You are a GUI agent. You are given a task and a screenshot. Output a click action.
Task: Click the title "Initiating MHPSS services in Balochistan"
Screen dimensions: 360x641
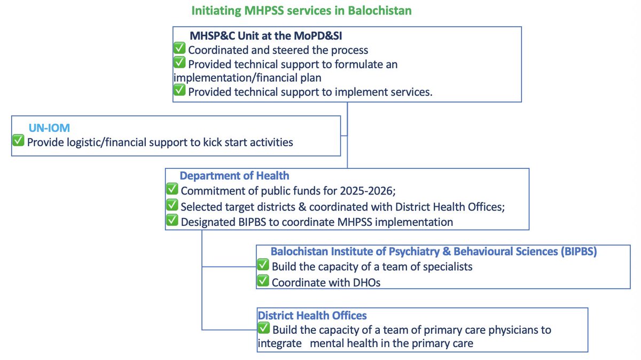pos(301,10)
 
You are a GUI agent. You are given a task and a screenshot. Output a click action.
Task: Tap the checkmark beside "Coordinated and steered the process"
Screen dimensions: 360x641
pos(180,50)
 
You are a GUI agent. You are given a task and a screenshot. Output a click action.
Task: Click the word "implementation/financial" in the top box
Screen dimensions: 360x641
pos(224,77)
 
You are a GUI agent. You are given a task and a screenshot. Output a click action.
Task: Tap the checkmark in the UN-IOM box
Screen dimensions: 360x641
pos(19,142)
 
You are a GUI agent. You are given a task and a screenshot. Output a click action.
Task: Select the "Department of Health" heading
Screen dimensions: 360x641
pos(234,176)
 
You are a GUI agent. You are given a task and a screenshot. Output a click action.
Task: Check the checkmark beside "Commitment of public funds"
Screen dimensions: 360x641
pos(172,190)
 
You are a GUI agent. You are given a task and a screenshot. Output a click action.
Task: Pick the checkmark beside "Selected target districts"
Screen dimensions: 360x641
pos(172,205)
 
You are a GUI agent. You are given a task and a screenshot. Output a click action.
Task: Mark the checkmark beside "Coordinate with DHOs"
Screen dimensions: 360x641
pos(263,281)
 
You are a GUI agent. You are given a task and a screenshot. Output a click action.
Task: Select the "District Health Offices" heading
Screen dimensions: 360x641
pos(312,316)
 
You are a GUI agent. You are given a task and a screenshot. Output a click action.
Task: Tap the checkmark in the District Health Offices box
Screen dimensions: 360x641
pos(263,329)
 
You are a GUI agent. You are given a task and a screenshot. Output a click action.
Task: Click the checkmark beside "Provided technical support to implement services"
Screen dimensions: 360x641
pos(180,91)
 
